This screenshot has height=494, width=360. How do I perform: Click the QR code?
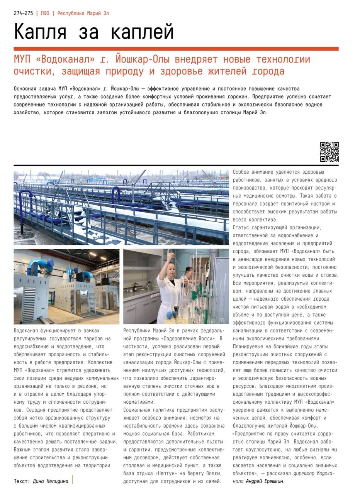pyautogui.click(x=329, y=152)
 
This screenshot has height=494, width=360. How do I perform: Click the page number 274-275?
pyautogui.click(x=23, y=13)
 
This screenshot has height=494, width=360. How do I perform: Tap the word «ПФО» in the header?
pyautogui.click(x=45, y=13)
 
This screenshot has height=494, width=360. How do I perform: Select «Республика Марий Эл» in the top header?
pyautogui.click(x=83, y=13)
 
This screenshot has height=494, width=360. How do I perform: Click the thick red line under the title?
pyautogui.click(x=176, y=49)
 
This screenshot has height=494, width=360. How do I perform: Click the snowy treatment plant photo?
pyautogui.click(x=121, y=207)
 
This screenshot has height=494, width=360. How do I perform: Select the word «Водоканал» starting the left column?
pyautogui.click(x=26, y=331)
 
